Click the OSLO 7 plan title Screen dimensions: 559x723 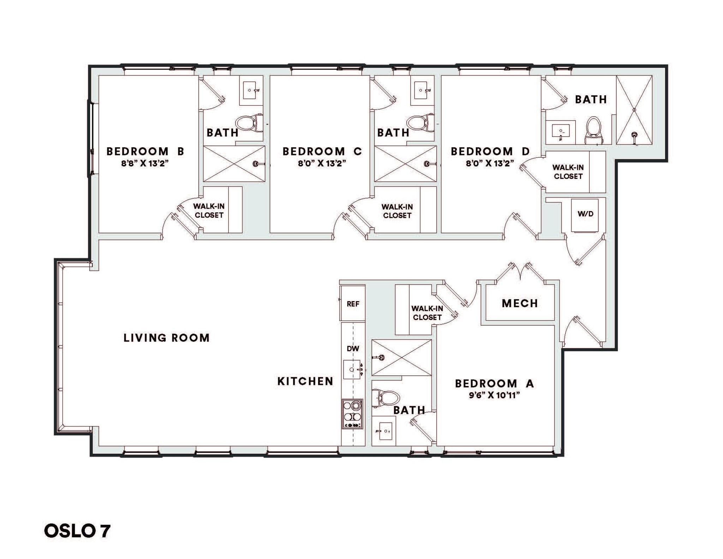pyautogui.click(x=77, y=531)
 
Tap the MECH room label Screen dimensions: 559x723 pyautogui.click(x=520, y=303)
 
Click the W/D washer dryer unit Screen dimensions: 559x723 pyautogui.click(x=585, y=214)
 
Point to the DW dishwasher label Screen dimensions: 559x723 pyautogui.click(x=353, y=349)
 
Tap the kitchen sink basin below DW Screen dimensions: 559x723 pyautogui.click(x=352, y=369)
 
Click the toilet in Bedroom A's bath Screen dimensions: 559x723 pyautogui.click(x=385, y=398)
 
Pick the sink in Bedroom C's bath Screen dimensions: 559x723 pyautogui.click(x=422, y=90)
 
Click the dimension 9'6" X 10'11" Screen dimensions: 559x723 pyautogui.click(x=494, y=395)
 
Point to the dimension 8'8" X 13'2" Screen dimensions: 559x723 pyautogui.click(x=145, y=163)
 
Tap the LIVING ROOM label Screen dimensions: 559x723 pyautogui.click(x=166, y=338)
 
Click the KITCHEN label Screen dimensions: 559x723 pyautogui.click(x=305, y=381)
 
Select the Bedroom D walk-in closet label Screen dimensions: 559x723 pyautogui.click(x=568, y=172)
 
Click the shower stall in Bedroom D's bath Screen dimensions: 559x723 pyautogui.click(x=634, y=110)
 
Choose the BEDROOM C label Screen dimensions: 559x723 pyautogui.click(x=322, y=151)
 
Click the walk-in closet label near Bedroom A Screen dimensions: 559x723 pyautogui.click(x=427, y=313)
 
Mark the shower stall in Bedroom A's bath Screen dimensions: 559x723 pyautogui.click(x=401, y=357)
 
